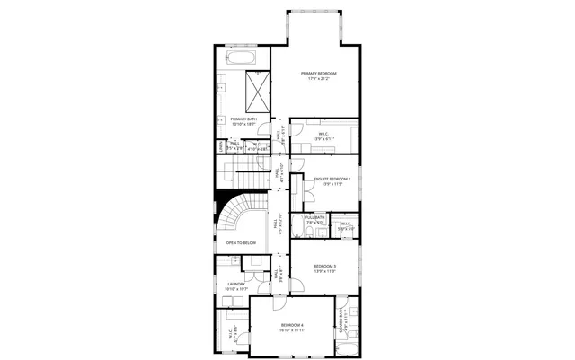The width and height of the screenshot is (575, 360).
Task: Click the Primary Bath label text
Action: [x=243, y=119]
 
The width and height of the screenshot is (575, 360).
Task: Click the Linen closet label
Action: [x=219, y=146]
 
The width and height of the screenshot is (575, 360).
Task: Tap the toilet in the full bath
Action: [x=305, y=232]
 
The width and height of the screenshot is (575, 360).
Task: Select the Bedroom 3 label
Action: [x=324, y=267]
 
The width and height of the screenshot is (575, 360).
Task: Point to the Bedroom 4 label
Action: [x=292, y=324]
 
